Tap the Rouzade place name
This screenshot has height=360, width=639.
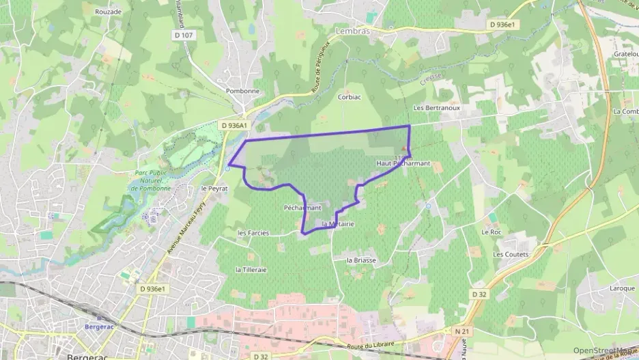tap(108, 12)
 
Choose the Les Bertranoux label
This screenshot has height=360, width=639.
tap(436, 108)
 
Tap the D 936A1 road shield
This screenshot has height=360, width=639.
tap(233, 126)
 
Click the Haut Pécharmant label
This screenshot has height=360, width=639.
tap(403, 163)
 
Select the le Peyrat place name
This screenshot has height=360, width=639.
tap(214, 188)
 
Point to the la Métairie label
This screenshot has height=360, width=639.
tap(337, 225)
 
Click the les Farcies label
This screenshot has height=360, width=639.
tap(253, 233)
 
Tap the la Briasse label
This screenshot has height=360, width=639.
tap(362, 260)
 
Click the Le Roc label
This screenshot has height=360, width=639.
tap(491, 232)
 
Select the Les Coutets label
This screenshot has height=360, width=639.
tap(511, 254)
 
